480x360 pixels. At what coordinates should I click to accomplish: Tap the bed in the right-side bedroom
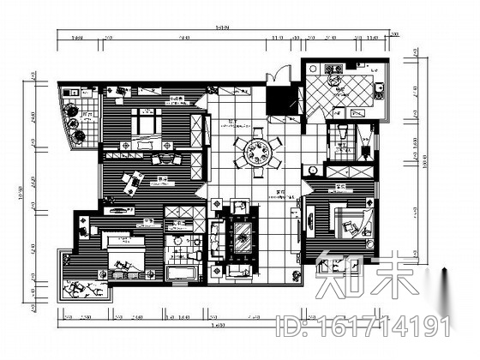click(351, 225)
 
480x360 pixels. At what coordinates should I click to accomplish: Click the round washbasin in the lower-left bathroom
click(178, 243)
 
